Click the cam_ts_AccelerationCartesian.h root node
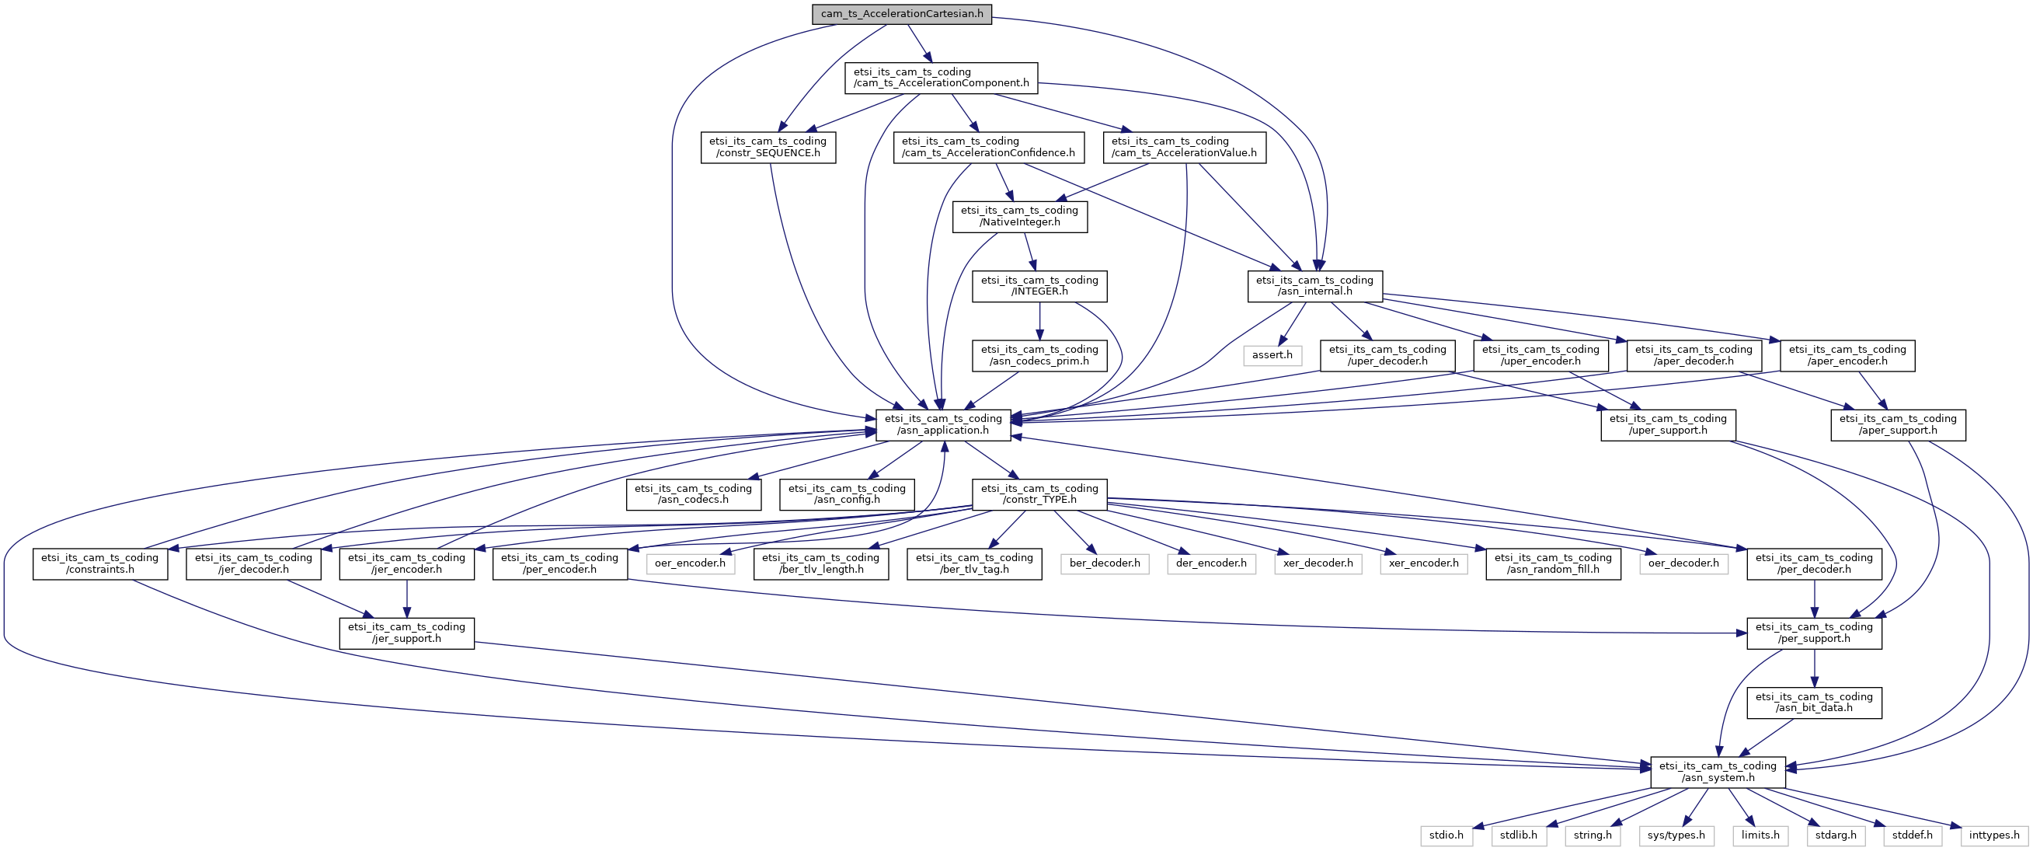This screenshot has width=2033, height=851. click(x=902, y=14)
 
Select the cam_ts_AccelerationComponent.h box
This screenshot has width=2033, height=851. click(x=942, y=78)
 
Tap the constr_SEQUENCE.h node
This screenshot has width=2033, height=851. click(x=768, y=147)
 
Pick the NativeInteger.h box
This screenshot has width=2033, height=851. click(x=1020, y=216)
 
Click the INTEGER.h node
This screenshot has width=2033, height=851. click(x=1039, y=286)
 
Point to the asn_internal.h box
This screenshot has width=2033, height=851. click(x=1315, y=286)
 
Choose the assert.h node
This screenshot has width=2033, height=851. click(x=1272, y=355)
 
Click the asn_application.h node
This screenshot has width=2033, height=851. click(x=943, y=424)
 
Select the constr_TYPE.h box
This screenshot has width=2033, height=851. click(x=1039, y=494)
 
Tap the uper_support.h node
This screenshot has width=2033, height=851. click(x=1669, y=424)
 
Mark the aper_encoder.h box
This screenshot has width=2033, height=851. click(x=1847, y=355)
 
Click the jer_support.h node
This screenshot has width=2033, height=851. click(x=406, y=633)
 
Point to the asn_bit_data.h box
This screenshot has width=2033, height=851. click(x=1815, y=703)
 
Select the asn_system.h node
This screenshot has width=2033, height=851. click(x=1718, y=772)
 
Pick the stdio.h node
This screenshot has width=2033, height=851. click(x=1446, y=835)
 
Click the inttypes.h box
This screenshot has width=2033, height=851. click(x=1994, y=835)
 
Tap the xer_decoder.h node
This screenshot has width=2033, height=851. click(x=1318, y=563)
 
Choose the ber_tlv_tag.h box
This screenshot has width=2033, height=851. click(x=974, y=563)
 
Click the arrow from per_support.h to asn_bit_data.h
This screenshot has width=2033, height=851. click(x=1815, y=668)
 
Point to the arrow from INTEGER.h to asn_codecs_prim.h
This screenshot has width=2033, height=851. click(x=1039, y=321)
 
